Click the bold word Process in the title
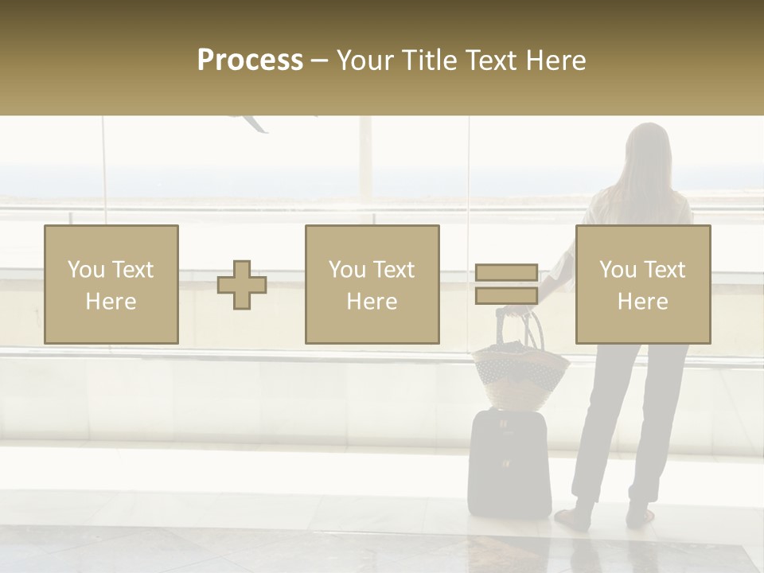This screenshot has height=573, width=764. pyautogui.click(x=250, y=60)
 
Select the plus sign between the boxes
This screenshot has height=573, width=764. pyautogui.click(x=242, y=285)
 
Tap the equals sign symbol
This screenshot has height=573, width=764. pyautogui.click(x=506, y=284)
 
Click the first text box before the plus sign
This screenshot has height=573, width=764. pyautogui.click(x=111, y=284)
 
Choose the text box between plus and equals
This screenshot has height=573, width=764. pyautogui.click(x=372, y=284)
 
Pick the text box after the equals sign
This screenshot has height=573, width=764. pyautogui.click(x=642, y=284)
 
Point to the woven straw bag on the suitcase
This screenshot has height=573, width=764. pyautogui.click(x=521, y=374)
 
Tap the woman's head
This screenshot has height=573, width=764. pyautogui.click(x=646, y=147)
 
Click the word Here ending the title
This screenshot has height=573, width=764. pyautogui.click(x=556, y=60)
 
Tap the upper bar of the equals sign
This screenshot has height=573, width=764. pyautogui.click(x=506, y=273)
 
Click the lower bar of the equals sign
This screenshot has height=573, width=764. pyautogui.click(x=506, y=295)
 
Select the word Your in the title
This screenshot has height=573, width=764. pyautogui.click(x=362, y=60)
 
